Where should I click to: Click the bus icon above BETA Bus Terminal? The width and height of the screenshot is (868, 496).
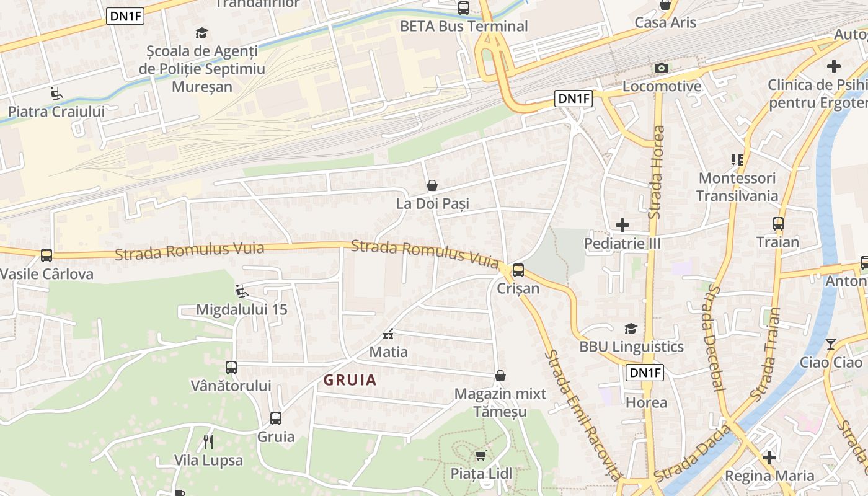tap(464, 8)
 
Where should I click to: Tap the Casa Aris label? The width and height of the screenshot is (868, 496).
tap(665, 22)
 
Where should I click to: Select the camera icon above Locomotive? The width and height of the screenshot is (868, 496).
tap(662, 68)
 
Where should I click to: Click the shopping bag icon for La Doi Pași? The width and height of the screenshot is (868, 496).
tap(432, 185)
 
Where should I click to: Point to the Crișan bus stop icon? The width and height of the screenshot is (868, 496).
tap(518, 270)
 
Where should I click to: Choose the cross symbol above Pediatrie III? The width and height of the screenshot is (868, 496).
tap(622, 225)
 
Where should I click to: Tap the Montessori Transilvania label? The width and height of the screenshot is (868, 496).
tap(737, 187)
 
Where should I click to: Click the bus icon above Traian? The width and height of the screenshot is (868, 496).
tap(778, 224)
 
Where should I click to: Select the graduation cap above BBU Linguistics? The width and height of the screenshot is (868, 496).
tap(631, 329)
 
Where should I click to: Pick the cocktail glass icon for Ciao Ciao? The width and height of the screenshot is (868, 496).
tap(831, 344)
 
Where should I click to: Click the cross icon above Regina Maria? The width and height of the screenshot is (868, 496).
tap(769, 458)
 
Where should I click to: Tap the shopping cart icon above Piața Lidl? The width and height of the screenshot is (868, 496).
tap(480, 456)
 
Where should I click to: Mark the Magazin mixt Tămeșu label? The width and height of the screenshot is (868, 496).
tap(500, 402)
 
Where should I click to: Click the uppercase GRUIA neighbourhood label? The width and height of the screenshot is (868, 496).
tap(350, 380)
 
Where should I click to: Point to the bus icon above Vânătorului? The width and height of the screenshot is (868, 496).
tap(231, 368)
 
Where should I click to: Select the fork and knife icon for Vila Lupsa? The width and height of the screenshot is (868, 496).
tap(208, 442)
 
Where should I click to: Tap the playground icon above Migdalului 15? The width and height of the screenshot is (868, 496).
tap(242, 291)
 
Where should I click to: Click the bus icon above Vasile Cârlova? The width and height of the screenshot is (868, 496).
tap(46, 255)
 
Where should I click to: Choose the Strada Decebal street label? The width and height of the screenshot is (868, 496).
tap(714, 339)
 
